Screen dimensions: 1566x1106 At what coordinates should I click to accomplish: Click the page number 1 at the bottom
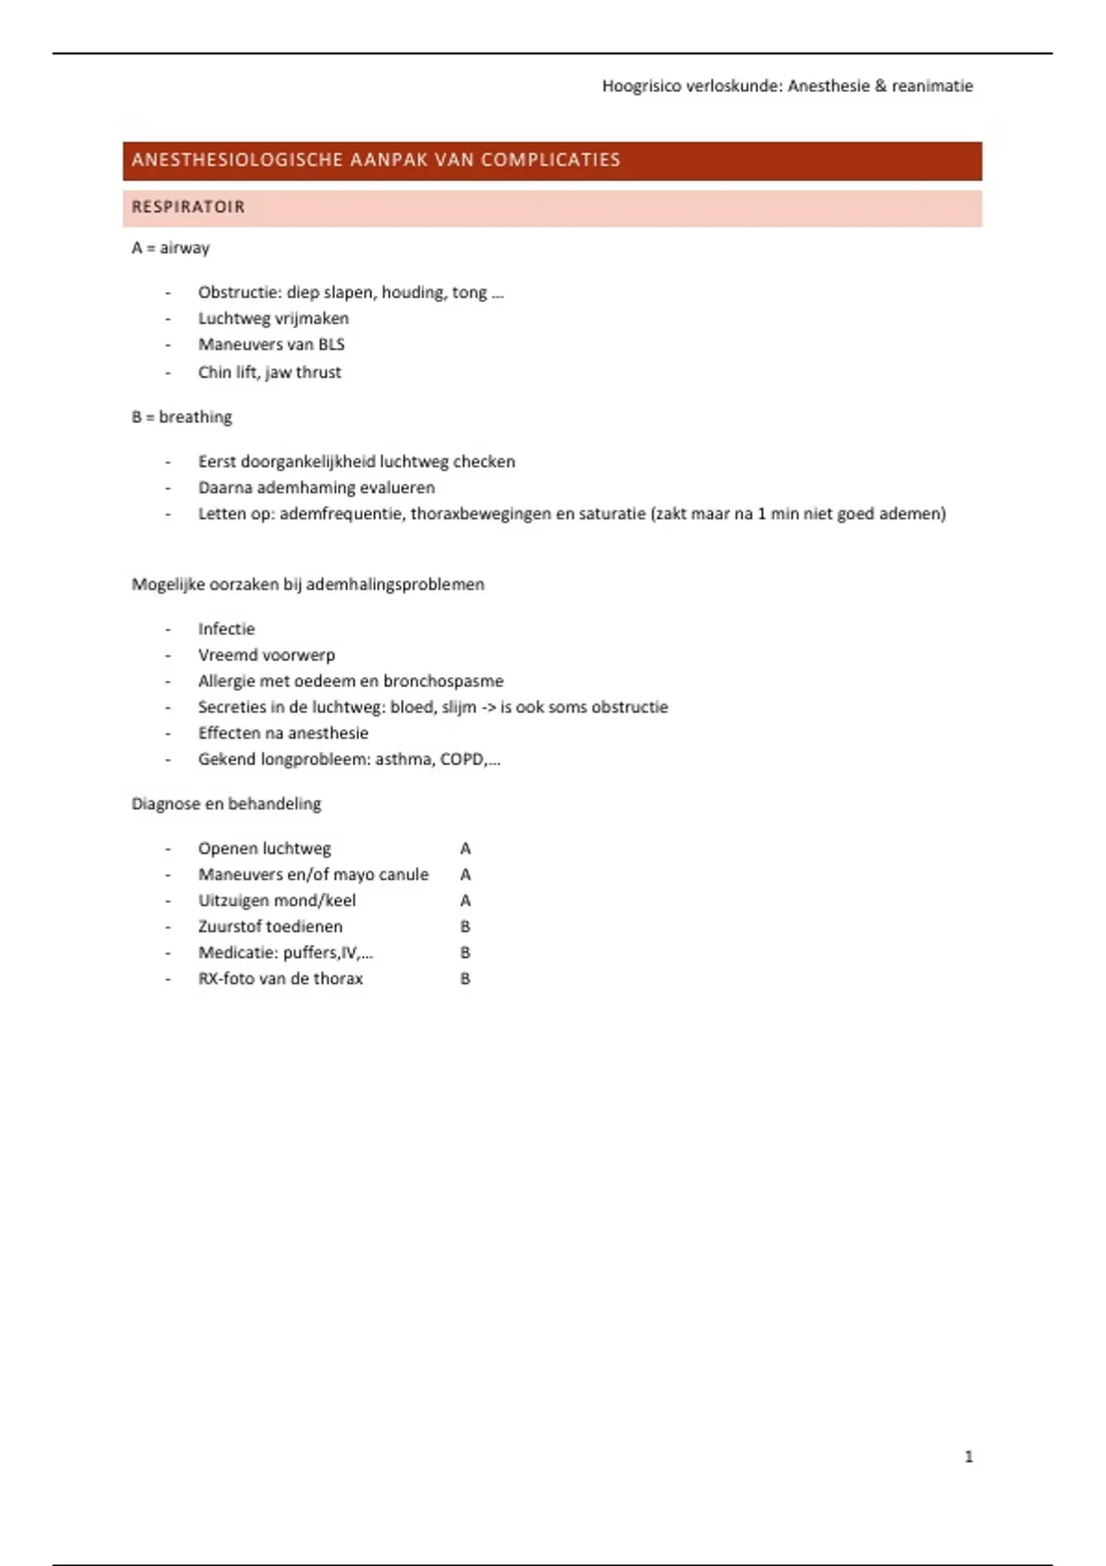tap(968, 1456)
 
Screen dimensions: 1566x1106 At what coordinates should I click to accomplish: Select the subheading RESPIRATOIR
tap(188, 207)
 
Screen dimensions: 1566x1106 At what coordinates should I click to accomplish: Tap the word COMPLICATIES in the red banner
tap(550, 160)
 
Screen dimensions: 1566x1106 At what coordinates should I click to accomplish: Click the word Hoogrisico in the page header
tap(641, 86)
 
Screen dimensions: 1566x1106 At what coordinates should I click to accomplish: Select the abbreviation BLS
tap(331, 345)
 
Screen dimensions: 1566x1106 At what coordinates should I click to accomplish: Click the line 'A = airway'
tap(171, 248)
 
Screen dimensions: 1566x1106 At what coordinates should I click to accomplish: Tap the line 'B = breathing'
tap(182, 417)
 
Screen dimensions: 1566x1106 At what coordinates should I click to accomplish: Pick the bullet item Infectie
tap(226, 629)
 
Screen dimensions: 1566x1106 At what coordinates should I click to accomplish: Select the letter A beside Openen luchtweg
tap(465, 848)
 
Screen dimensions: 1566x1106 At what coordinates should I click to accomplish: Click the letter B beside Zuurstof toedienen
tap(465, 927)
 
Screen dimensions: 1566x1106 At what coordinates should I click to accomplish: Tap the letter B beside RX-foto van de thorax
tap(465, 979)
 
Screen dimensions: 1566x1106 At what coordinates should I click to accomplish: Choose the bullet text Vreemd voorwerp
tap(266, 655)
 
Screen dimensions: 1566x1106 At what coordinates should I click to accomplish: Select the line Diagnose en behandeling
tap(226, 804)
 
